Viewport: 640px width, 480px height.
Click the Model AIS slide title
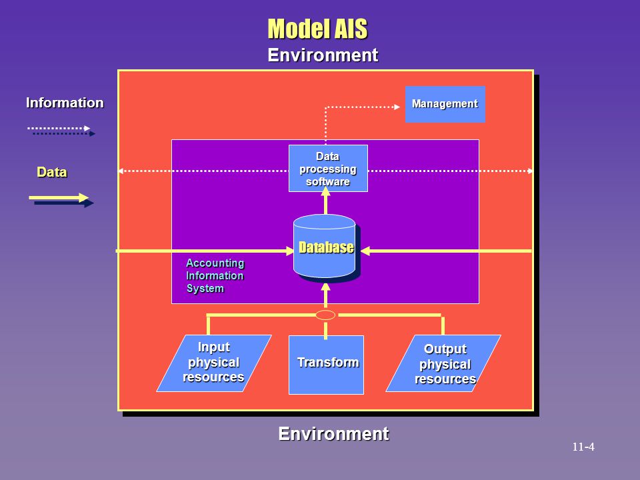tap(317, 29)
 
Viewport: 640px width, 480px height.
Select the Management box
tap(445, 104)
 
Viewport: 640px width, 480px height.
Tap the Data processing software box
tap(328, 168)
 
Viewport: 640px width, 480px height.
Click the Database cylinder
tap(325, 247)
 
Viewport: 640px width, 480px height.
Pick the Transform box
tap(326, 365)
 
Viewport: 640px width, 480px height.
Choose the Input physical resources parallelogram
tap(214, 363)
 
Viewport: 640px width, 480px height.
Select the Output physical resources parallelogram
tap(443, 363)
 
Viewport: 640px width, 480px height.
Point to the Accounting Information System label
tap(215, 275)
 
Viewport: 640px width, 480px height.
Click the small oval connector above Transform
tap(325, 315)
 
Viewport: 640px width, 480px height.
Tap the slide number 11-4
tap(583, 447)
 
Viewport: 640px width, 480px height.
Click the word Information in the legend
tap(65, 103)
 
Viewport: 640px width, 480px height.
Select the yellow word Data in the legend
tap(52, 172)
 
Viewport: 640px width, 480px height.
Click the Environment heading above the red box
tap(323, 55)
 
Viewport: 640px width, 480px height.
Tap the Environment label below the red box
tap(333, 433)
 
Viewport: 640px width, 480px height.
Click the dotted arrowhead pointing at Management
tap(397, 107)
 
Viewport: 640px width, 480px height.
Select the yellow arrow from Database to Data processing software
tap(325, 200)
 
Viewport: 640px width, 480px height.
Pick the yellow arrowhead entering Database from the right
tap(365, 251)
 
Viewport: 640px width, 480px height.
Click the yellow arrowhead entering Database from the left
tap(290, 251)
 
